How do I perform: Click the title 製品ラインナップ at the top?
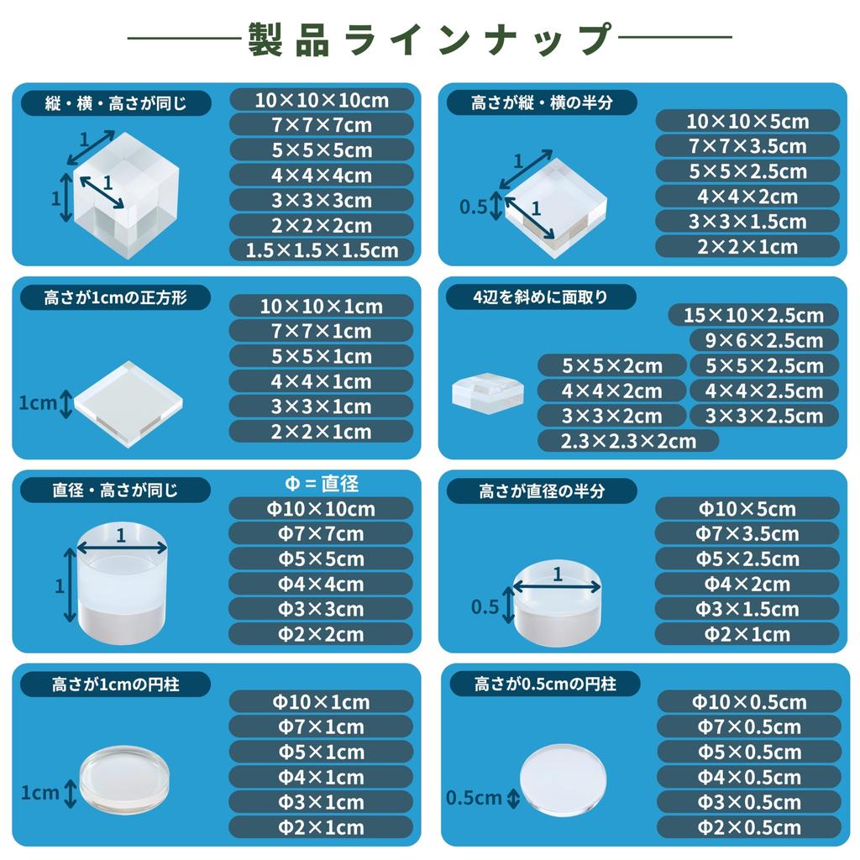[x=429, y=39]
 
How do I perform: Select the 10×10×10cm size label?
[x=322, y=100]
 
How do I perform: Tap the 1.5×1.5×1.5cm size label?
[x=322, y=249]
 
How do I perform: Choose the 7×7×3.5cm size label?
[x=747, y=146]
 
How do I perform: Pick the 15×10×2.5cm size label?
[x=754, y=316]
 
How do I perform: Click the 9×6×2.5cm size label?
[x=764, y=341]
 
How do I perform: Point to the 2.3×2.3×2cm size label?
[x=628, y=441]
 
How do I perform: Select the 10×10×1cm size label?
[x=322, y=307]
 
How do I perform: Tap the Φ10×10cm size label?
[x=322, y=508]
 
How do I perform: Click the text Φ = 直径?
[x=318, y=484]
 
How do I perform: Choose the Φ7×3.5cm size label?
[x=747, y=533]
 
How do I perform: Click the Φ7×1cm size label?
[x=322, y=726]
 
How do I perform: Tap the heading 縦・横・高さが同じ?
[x=116, y=103]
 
